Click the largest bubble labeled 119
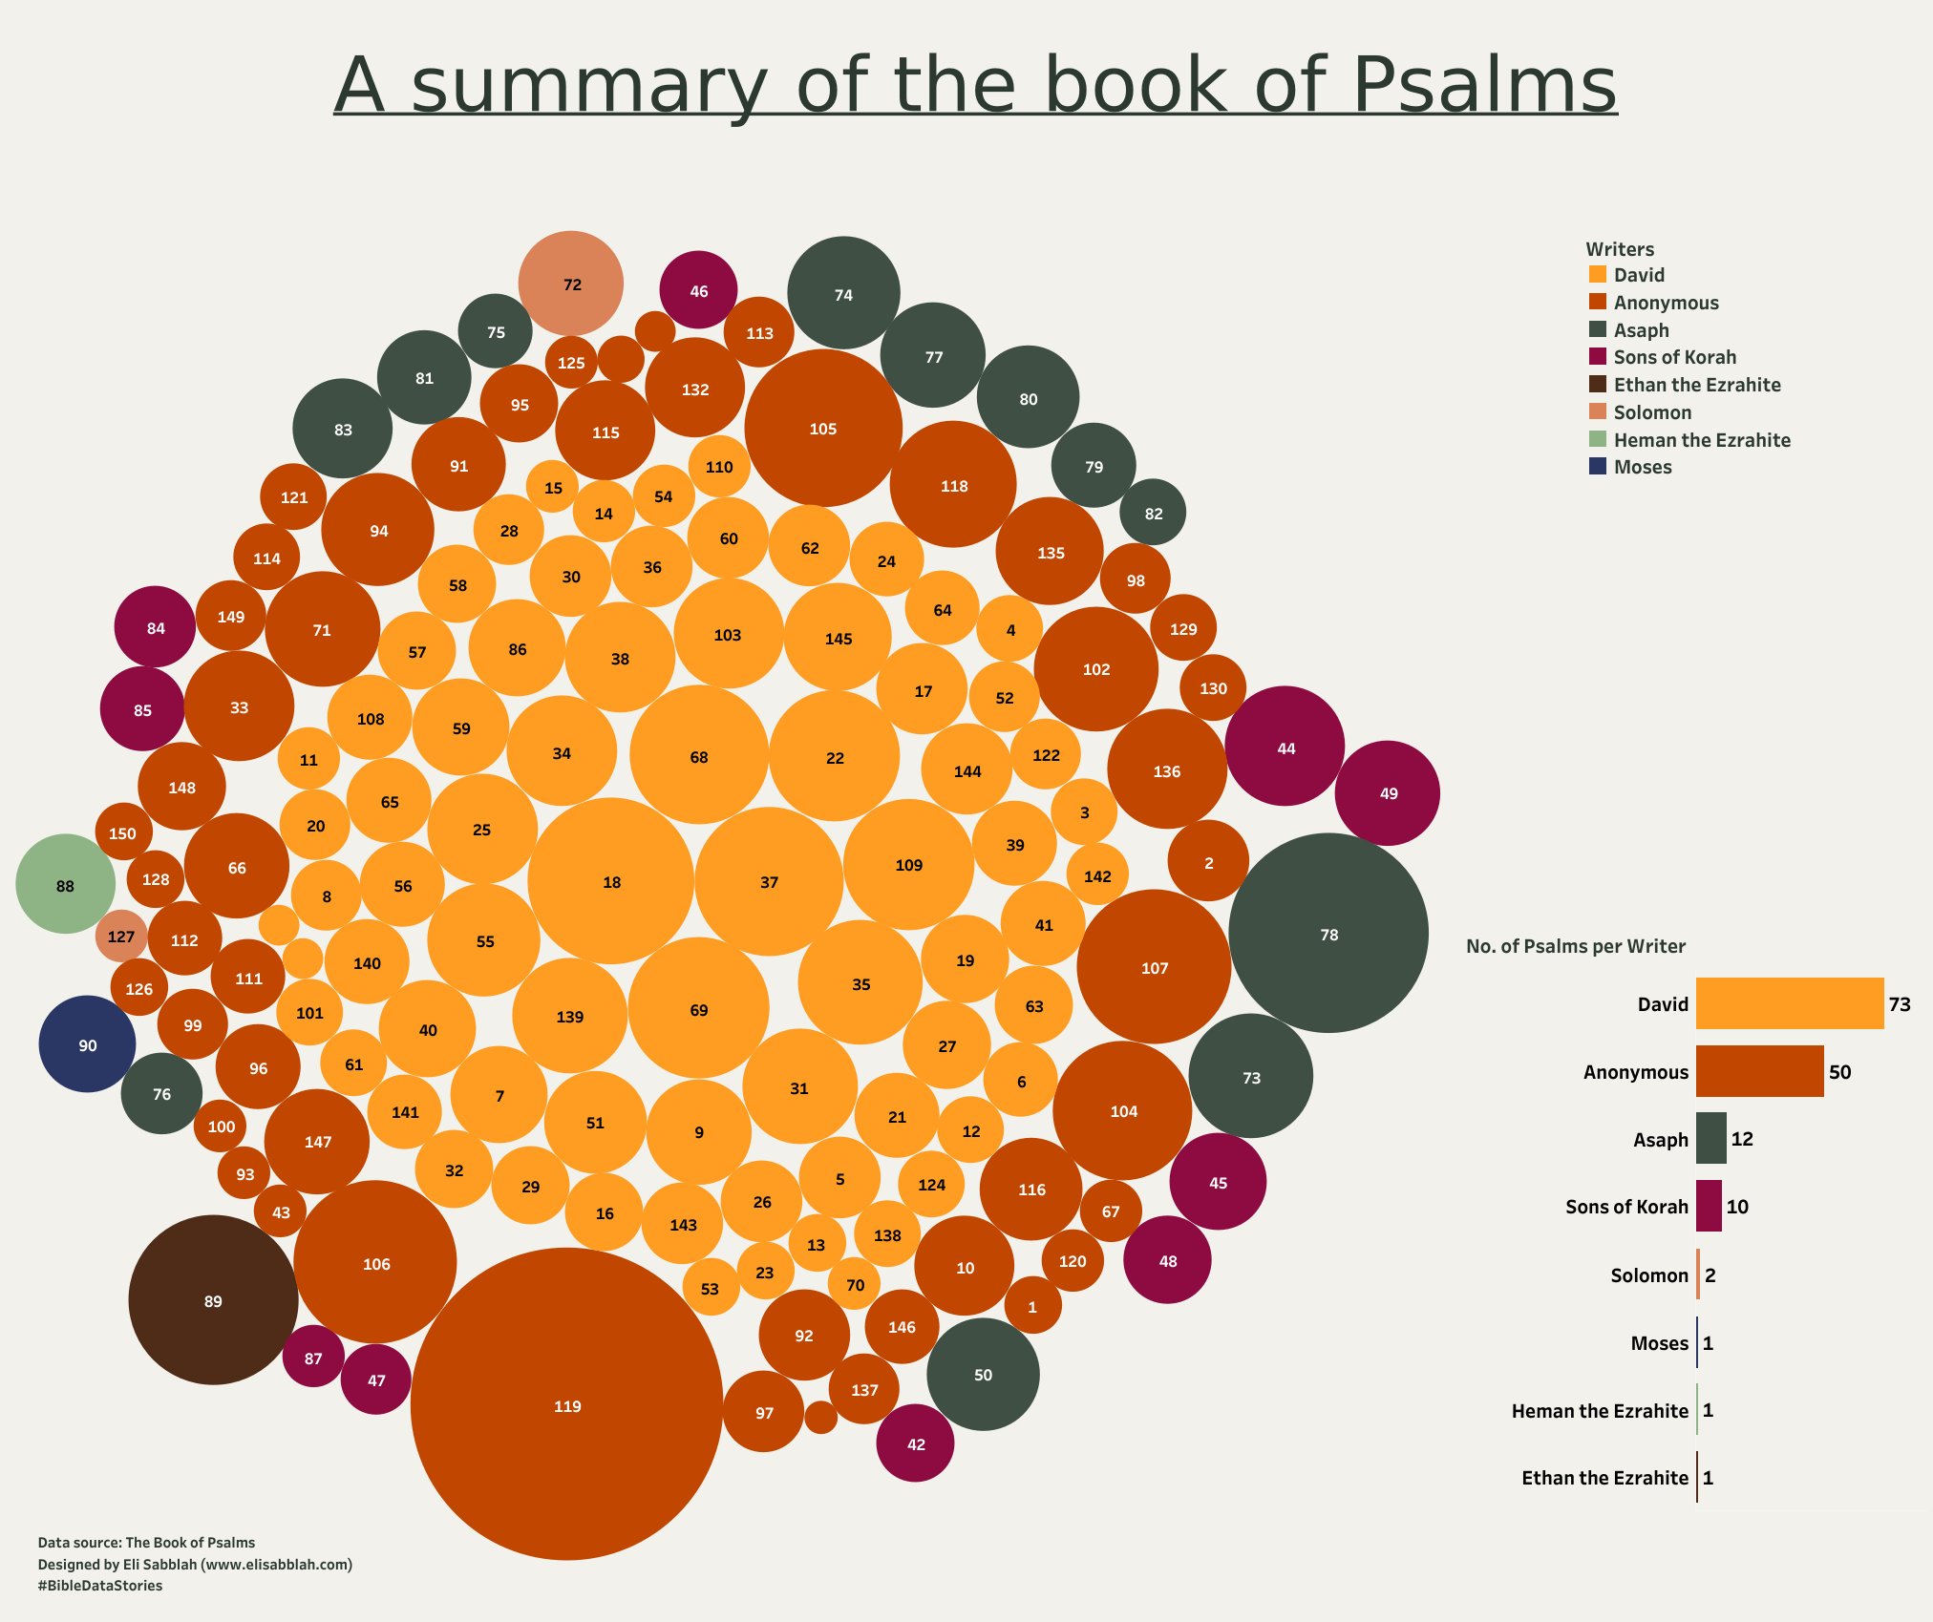[x=566, y=1404]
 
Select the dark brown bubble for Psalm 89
[x=213, y=1300]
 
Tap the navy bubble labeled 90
[x=87, y=1044]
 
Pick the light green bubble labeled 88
[x=65, y=885]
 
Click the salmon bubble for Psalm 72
[x=571, y=284]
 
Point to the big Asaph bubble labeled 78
[x=1328, y=934]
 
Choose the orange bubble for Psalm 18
[x=611, y=881]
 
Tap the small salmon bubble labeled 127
[x=121, y=936]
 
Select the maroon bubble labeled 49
[x=1388, y=792]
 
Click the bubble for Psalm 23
[x=764, y=1272]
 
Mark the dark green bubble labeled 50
[x=983, y=1374]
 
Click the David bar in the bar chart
[x=1790, y=1003]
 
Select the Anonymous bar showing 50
[x=1759, y=1071]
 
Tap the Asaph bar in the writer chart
[x=1711, y=1139]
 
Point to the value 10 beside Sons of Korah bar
[x=1737, y=1207]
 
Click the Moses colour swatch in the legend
[x=1598, y=467]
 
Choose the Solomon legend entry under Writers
[x=1652, y=412]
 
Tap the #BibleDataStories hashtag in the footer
[x=100, y=1586]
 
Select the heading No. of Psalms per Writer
[x=1576, y=946]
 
